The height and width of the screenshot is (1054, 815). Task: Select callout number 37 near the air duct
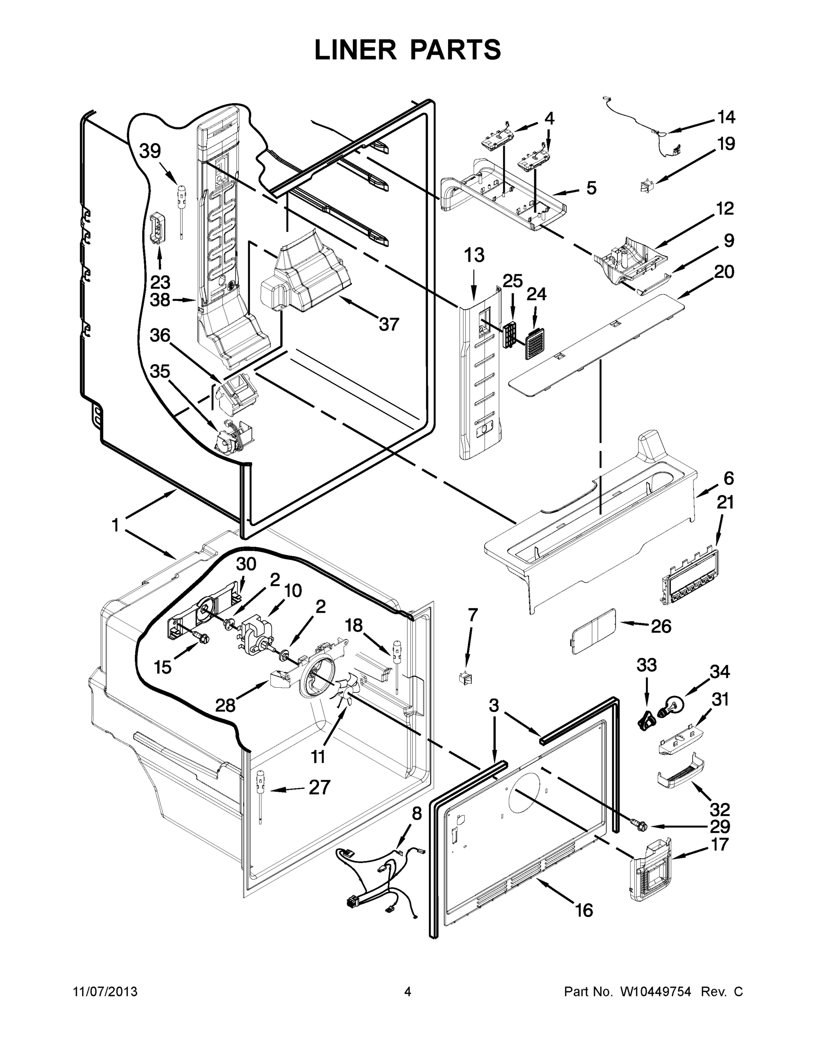click(x=388, y=324)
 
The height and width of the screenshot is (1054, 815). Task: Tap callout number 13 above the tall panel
click(x=474, y=255)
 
